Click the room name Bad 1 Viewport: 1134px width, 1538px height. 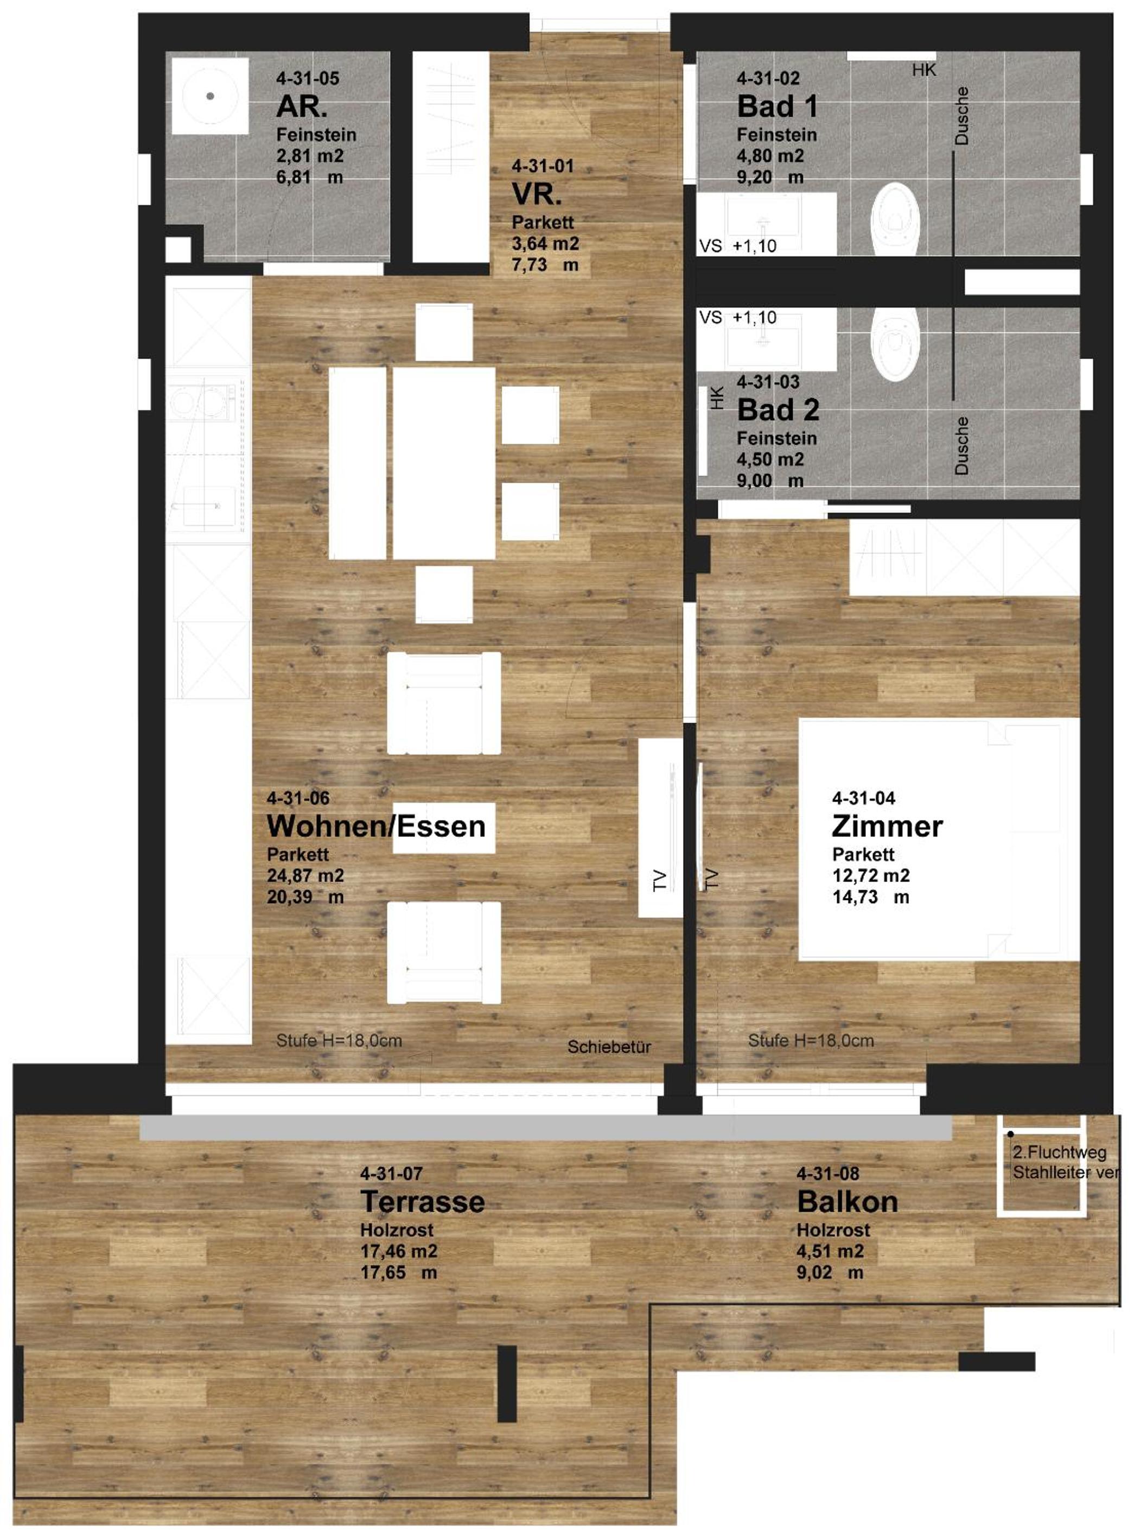pyautogui.click(x=777, y=106)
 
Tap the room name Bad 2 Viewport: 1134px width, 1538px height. pyautogui.click(x=778, y=410)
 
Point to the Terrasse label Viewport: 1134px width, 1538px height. pyautogui.click(x=422, y=1201)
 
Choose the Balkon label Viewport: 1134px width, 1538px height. pyautogui.click(x=847, y=1201)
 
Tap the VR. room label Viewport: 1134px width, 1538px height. pyautogui.click(x=536, y=194)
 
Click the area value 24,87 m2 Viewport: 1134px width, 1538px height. pyautogui.click(x=305, y=876)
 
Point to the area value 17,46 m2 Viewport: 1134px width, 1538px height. pyautogui.click(x=399, y=1251)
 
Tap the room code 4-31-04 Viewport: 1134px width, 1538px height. pyautogui.click(x=864, y=797)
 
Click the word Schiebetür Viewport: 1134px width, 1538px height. pyautogui.click(x=609, y=1047)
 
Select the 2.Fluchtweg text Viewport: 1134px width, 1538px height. pyautogui.click(x=1059, y=1152)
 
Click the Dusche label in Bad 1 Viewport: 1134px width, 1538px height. pyautogui.click(x=961, y=115)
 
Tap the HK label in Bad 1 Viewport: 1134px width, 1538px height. pyautogui.click(x=924, y=70)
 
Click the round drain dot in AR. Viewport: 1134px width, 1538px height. pyautogui.click(x=210, y=96)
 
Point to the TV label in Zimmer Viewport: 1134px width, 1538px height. pyautogui.click(x=712, y=879)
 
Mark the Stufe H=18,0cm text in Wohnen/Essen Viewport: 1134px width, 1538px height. pyautogui.click(x=339, y=1040)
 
